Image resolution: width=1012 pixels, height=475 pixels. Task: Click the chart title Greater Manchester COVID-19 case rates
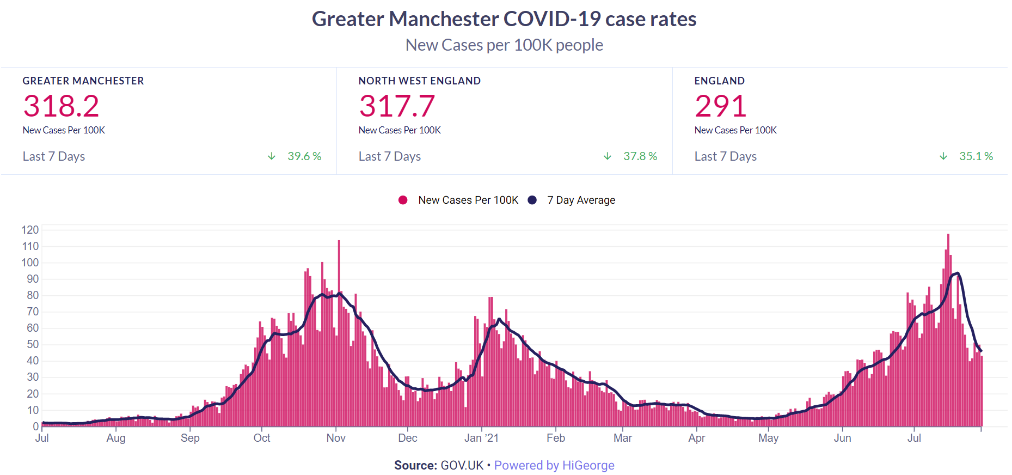(504, 19)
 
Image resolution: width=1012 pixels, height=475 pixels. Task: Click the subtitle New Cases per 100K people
(504, 45)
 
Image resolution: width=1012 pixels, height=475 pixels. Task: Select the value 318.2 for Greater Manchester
(61, 106)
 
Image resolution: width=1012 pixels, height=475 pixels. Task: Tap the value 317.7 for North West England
(397, 106)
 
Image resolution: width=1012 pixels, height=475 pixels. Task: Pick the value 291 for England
(720, 106)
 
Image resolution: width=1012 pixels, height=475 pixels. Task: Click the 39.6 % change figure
(304, 156)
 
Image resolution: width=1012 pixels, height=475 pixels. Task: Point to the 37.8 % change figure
(640, 156)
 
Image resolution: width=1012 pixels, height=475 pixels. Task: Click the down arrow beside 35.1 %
(943, 156)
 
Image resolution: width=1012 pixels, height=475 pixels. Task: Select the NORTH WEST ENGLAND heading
(419, 81)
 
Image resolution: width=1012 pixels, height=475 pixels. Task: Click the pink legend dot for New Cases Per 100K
(403, 200)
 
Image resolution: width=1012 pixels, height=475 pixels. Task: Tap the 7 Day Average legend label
(581, 200)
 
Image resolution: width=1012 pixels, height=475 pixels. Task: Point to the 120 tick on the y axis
(30, 230)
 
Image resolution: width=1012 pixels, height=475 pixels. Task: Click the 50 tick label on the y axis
(33, 344)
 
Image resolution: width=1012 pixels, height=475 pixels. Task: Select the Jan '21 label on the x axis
(481, 438)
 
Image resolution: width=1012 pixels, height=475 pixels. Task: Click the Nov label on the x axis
(336, 438)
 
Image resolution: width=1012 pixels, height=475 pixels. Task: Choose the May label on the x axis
(768, 438)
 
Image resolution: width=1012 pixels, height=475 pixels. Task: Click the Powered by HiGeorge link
(554, 465)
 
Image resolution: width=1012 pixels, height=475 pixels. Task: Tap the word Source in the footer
(415, 465)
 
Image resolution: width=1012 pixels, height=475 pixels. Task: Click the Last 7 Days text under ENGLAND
(725, 156)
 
